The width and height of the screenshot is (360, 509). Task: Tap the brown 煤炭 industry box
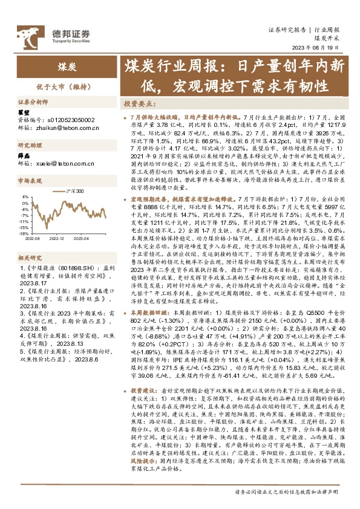[67, 67]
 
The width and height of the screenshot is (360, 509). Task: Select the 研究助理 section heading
[28, 146]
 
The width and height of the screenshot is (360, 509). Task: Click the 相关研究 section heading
[28, 258]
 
